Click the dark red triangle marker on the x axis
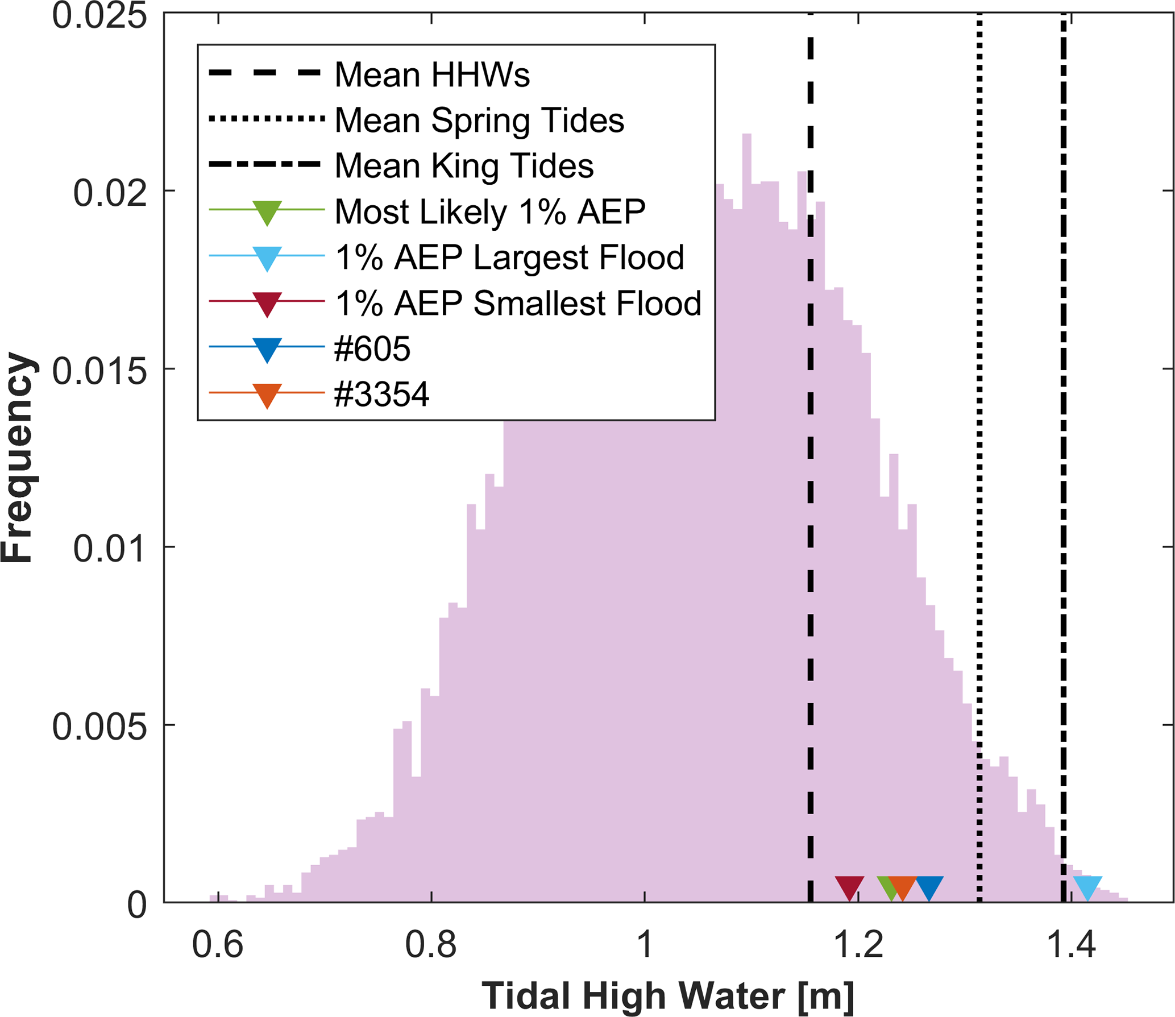(849, 887)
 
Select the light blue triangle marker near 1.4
(1087, 887)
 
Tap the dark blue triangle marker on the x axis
(929, 887)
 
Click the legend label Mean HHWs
(432, 74)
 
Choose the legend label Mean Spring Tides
(479, 120)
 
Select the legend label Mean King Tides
(464, 165)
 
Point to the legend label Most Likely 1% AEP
(490, 211)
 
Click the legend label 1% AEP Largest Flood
(509, 257)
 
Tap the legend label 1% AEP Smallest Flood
(518, 303)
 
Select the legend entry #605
(372, 348)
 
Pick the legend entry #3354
(381, 394)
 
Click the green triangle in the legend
(267, 211)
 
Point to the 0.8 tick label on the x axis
(430, 945)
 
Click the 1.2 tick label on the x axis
(857, 945)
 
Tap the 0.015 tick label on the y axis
(99, 372)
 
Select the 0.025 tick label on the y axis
(99, 16)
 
